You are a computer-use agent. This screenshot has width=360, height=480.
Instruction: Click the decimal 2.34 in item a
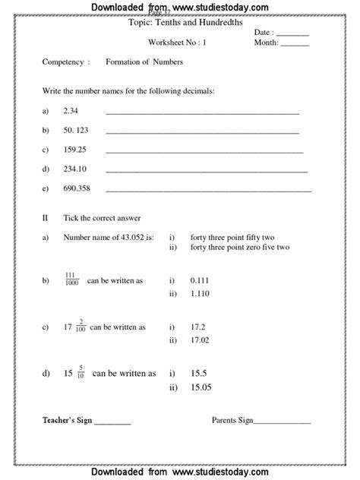click(71, 112)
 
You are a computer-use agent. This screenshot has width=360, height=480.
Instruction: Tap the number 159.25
click(75, 150)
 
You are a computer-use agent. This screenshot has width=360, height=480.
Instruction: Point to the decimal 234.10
click(75, 169)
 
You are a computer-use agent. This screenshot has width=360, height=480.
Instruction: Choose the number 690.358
click(77, 188)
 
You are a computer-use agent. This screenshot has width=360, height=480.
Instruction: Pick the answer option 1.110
click(200, 292)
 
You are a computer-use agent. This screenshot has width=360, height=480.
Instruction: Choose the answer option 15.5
click(198, 373)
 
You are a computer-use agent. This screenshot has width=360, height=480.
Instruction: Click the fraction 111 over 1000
click(72, 279)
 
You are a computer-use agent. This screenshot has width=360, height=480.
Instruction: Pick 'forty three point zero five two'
click(240, 248)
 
